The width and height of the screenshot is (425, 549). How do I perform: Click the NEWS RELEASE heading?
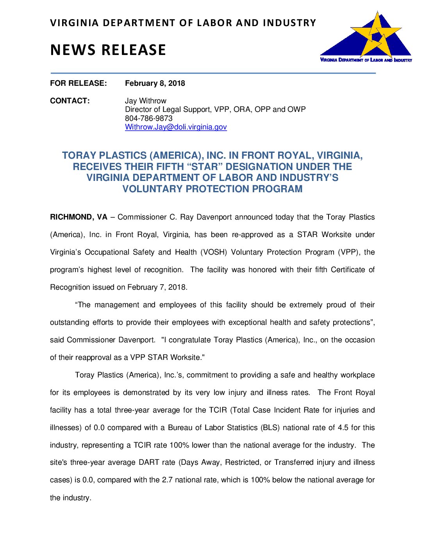point(108,50)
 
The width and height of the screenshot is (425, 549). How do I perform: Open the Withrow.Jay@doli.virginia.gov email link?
point(176,127)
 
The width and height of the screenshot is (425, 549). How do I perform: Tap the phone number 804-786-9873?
point(148,118)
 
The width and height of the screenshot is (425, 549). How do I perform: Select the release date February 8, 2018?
point(155,83)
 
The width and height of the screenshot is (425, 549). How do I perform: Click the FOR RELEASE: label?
point(78,83)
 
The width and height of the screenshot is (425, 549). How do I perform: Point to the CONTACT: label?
point(70,101)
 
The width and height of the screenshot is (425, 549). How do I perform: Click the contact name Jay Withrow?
point(145,101)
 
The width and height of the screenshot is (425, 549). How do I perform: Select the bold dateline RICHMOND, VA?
point(79,217)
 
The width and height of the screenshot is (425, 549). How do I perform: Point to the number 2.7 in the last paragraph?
point(167,480)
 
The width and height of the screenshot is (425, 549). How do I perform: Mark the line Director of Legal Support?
point(215,110)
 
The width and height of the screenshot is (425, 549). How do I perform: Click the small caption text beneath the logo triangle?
point(366,60)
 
